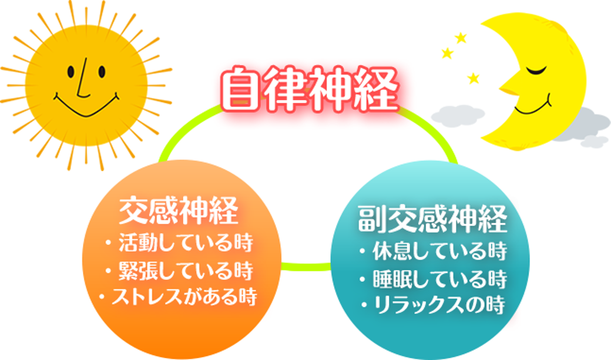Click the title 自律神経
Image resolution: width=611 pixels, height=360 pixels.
[x=310, y=89]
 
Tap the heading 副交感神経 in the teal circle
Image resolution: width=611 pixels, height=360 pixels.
[x=432, y=218]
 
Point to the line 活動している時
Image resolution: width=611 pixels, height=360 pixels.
[x=186, y=243]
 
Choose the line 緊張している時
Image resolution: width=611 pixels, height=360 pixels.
[x=186, y=270]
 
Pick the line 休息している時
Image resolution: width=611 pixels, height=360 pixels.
[x=439, y=251]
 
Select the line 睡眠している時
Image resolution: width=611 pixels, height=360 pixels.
[x=439, y=279]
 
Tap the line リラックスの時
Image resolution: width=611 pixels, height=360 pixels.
[x=439, y=305]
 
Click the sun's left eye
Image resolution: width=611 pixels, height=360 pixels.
[x=71, y=72]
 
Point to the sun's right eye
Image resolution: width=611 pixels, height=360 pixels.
[x=102, y=72]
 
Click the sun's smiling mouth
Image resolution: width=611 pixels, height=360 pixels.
[x=86, y=108]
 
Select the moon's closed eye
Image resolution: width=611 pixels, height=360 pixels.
[x=536, y=70]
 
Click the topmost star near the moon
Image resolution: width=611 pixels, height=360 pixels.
[x=461, y=38]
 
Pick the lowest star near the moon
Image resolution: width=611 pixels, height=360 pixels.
[x=473, y=78]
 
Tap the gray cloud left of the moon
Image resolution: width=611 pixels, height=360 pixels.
[x=458, y=116]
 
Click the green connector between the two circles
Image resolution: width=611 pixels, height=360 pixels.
[x=306, y=267]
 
